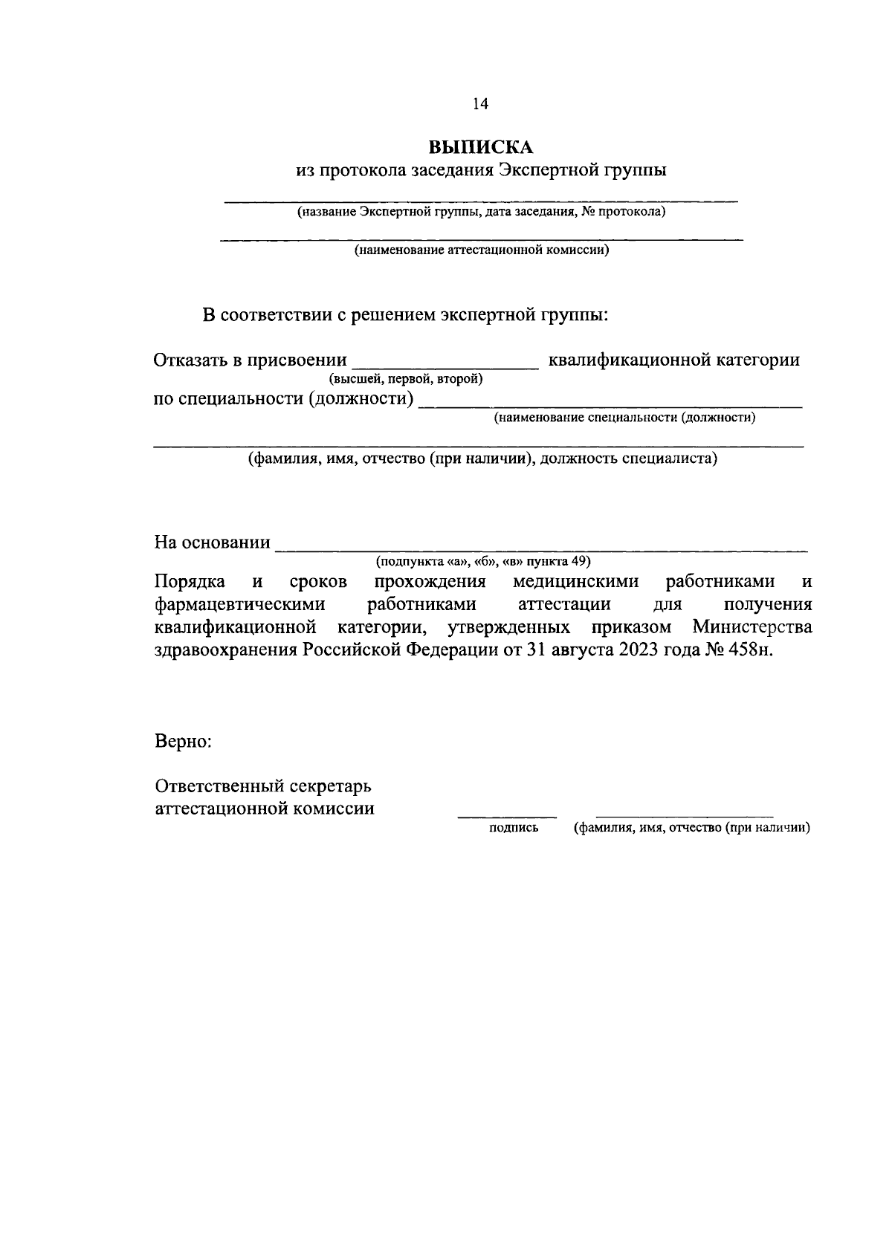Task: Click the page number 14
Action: [480, 105]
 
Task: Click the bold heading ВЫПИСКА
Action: [481, 146]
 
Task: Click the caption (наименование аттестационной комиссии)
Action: [482, 250]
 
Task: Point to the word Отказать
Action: [190, 360]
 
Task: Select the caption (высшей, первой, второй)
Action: [407, 380]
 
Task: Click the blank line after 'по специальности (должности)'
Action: [610, 406]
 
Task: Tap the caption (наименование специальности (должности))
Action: [625, 418]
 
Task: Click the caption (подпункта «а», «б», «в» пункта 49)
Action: [483, 561]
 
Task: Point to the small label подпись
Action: [513, 829]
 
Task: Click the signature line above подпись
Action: [506, 816]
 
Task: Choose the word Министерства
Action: [752, 627]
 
